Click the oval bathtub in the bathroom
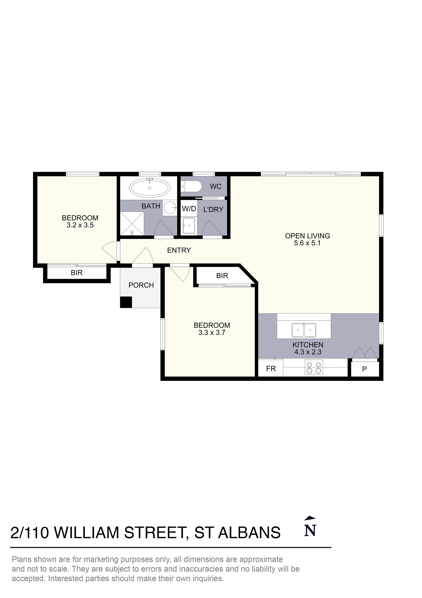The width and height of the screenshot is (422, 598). pos(150,187)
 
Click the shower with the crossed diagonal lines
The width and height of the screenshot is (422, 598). pos(132,223)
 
